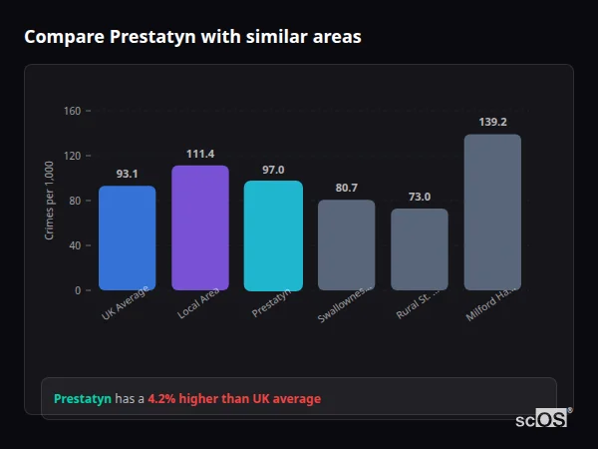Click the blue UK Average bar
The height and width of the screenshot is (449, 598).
pos(127,238)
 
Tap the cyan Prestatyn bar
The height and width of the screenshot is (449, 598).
pos(273,235)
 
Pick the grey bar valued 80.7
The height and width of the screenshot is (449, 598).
pos(346,245)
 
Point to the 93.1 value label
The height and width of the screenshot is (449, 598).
pos(127,174)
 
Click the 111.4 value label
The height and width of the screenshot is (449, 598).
pos(200,154)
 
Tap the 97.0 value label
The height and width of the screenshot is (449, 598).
pos(273,170)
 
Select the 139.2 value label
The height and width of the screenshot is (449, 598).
pos(492,122)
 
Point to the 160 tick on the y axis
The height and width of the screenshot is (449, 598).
pos(72,111)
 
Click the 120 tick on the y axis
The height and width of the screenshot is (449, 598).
pos(72,156)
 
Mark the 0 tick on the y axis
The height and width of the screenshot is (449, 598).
pos(77,290)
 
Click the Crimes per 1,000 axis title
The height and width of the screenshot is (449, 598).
pos(50,200)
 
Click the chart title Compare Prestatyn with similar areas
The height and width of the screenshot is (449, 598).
pos(192,37)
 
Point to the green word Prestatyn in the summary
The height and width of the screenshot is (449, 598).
pos(82,399)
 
